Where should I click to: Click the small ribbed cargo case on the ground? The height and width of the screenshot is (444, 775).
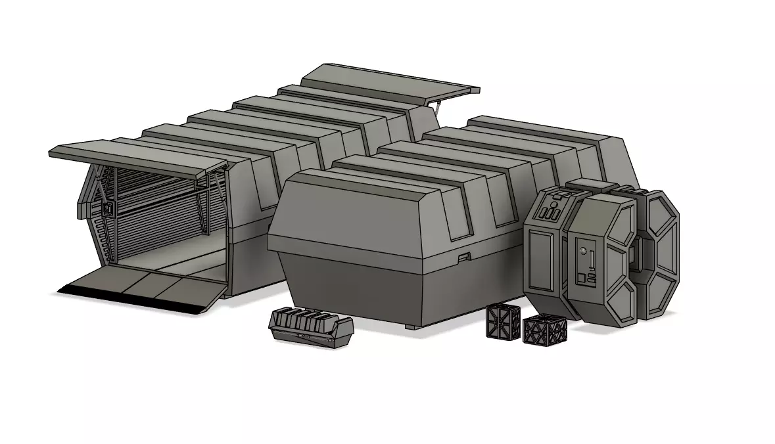(311, 326)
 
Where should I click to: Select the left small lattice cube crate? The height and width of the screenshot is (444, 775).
(503, 321)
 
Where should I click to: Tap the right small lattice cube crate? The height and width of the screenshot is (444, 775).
(540, 330)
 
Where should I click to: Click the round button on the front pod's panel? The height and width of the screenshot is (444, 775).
(582, 251)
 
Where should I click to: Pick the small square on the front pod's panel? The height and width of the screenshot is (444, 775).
(580, 277)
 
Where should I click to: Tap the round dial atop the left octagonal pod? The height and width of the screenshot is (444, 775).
(553, 204)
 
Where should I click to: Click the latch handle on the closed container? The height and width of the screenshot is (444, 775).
(465, 256)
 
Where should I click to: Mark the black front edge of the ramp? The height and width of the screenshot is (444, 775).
(131, 300)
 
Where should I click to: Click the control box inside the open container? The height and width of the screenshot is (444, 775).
(107, 210)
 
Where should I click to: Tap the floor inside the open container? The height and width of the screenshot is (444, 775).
(171, 259)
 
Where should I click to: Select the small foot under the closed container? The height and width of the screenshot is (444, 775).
(411, 326)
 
